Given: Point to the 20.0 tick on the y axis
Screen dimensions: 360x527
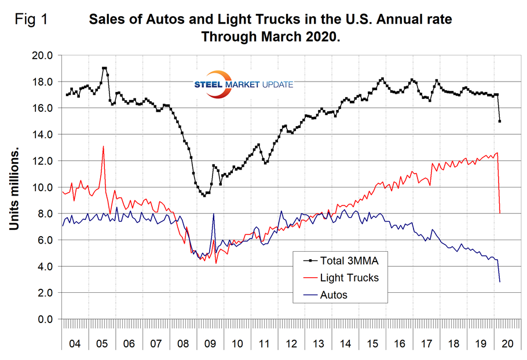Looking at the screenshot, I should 41,56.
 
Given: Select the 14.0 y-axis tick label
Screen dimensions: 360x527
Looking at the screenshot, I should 41,134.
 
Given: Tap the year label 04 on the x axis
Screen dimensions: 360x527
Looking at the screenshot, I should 75,344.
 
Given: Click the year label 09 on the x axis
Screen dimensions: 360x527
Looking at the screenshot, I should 210,344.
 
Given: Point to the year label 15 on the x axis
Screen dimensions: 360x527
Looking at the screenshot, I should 372,344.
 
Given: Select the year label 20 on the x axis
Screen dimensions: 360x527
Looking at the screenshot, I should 508,344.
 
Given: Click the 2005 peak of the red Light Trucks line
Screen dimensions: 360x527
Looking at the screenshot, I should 103,146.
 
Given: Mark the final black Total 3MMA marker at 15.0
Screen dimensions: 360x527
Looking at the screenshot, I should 500,122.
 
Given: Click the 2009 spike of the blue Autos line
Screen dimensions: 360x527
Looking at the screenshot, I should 214,214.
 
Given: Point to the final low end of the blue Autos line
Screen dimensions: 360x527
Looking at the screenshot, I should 500,282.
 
